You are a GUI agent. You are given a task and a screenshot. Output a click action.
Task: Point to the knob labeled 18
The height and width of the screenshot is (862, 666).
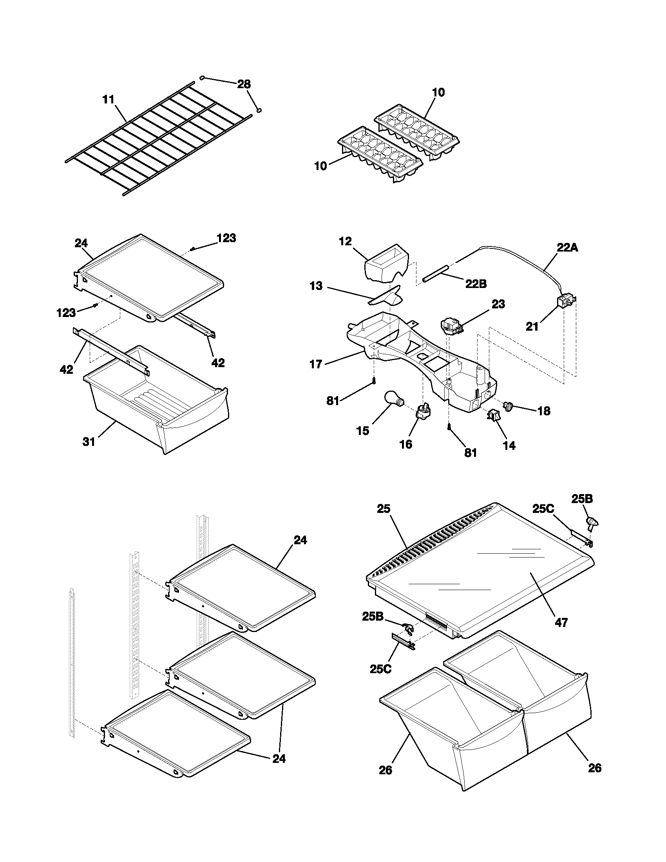(508, 406)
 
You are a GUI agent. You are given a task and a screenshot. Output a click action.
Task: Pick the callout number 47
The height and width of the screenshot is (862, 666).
(561, 623)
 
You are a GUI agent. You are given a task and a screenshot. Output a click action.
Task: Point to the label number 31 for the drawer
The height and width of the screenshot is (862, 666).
(89, 442)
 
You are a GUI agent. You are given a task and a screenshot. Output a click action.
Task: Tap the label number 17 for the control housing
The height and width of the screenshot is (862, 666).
(316, 364)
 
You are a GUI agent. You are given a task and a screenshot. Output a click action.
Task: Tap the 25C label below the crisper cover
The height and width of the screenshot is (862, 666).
(380, 669)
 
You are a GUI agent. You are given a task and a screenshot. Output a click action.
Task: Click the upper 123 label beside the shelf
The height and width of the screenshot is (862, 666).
(226, 238)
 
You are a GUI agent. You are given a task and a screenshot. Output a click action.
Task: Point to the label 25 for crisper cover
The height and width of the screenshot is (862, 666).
(383, 509)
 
